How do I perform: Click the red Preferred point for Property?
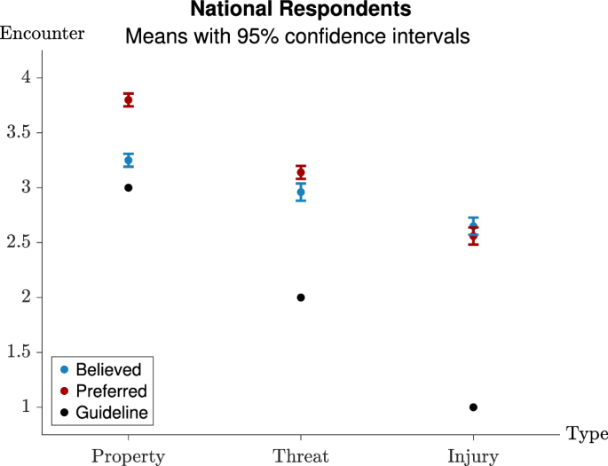pos(129,99)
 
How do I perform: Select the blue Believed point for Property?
pos(129,160)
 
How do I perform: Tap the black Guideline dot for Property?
pos(129,187)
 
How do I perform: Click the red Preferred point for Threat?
pos(301,172)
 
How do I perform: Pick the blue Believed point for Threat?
pos(301,192)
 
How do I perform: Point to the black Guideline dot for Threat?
pos(301,297)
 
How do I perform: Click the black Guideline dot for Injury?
pos(473,407)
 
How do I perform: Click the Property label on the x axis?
pos(129,457)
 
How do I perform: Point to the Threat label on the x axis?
pos(301,457)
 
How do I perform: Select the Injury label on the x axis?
pos(473,457)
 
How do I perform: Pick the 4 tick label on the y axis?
pos(27,77)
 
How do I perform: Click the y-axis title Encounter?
pos(42,34)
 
